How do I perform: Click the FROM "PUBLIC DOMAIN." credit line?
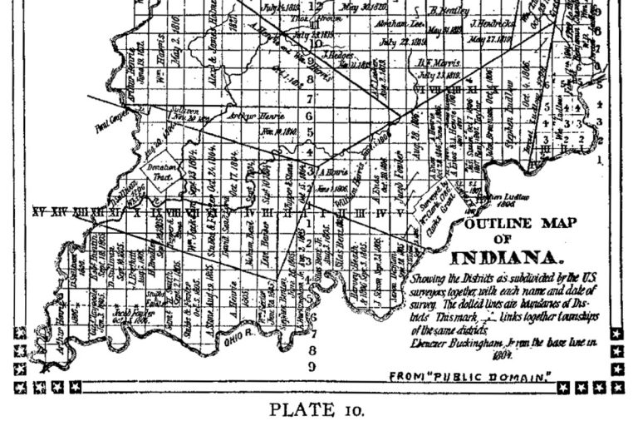[471, 378]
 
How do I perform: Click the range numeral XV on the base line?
[38, 212]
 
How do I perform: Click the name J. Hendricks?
[493, 23]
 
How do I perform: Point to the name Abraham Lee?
[395, 26]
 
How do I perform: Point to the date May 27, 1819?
[492, 39]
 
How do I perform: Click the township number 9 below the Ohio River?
[311, 366]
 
